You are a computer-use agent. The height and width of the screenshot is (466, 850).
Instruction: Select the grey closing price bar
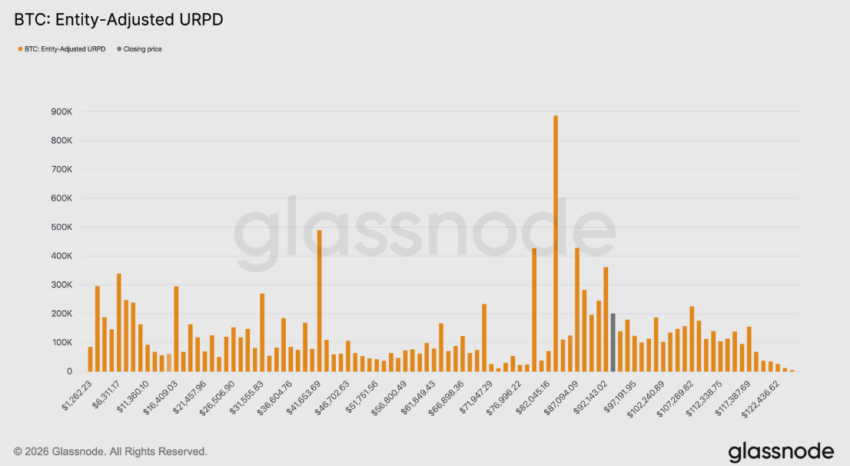[613, 342]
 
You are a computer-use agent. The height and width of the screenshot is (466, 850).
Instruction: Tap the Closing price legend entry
[142, 49]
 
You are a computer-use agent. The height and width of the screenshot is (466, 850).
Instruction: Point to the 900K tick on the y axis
[61, 112]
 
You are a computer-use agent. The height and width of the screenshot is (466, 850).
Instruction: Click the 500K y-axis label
[61, 227]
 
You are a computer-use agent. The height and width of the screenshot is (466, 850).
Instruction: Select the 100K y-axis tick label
[61, 342]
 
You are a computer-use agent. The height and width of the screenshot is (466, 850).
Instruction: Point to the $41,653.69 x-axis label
[303, 393]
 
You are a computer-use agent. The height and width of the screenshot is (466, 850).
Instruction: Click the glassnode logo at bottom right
[781, 450]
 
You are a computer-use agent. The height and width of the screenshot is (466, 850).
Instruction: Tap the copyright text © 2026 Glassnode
[110, 451]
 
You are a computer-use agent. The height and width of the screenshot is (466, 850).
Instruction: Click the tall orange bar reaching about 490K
[319, 301]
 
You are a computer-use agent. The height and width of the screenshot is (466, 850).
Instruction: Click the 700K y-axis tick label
[61, 169]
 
